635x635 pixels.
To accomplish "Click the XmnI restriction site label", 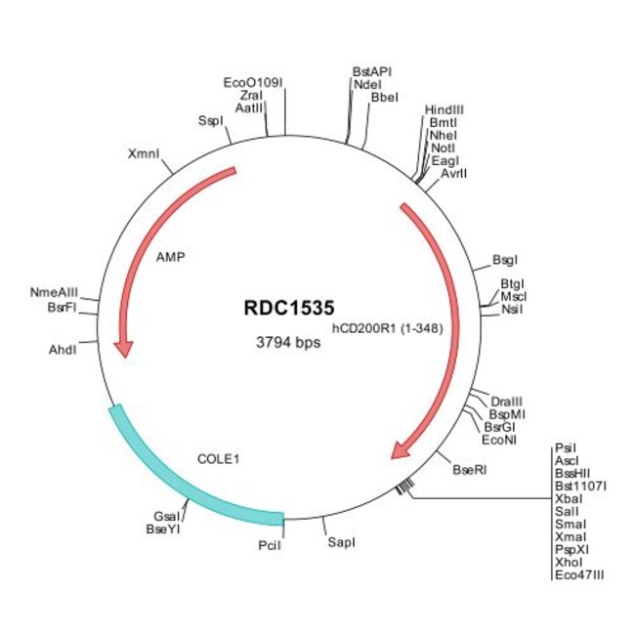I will coord(144,154).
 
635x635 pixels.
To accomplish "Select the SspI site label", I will coord(210,121).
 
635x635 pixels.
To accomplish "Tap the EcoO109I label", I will coord(253,83).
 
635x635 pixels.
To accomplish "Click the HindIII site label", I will coord(444,109).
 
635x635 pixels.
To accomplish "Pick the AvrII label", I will coord(453,173).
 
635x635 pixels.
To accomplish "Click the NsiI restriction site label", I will coord(512,309).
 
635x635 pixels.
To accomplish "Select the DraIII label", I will coord(507,402).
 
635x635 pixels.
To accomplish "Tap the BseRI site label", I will coord(469,470).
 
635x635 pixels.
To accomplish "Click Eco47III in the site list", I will coord(578,575).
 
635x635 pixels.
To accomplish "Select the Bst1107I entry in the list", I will coord(580,486).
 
